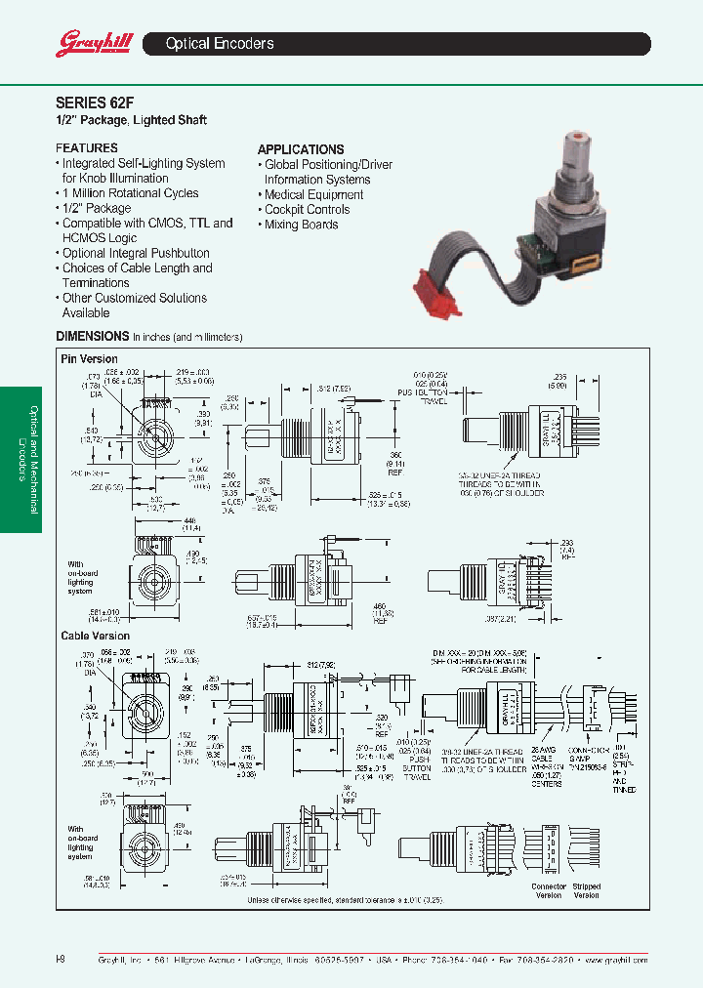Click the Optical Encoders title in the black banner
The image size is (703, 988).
[x=220, y=44]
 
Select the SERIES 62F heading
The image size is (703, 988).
[x=90, y=101]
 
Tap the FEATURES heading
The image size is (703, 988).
[x=86, y=148]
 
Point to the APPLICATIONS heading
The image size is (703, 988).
[x=300, y=149]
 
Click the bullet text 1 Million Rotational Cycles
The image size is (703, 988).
[x=130, y=193]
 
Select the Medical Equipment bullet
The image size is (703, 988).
[x=313, y=194]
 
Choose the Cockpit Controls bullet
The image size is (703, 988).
[x=307, y=209]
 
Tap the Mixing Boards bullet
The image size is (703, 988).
[x=301, y=225]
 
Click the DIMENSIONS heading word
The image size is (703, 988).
[x=92, y=336]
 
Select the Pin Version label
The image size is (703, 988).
[x=89, y=359]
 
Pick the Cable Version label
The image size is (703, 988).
[x=95, y=636]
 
